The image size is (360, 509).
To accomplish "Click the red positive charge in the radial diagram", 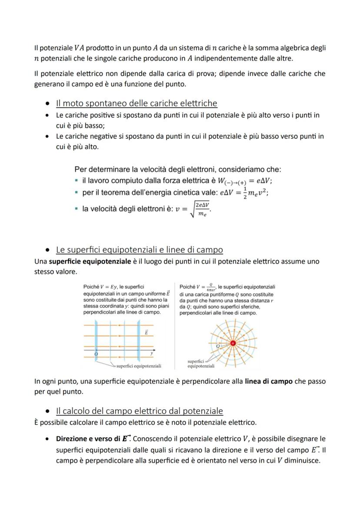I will (233, 343).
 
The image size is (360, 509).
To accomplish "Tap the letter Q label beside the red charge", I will (218, 346).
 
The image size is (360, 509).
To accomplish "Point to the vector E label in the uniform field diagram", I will (147, 332).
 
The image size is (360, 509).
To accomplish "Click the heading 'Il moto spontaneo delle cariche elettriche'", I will (137, 103).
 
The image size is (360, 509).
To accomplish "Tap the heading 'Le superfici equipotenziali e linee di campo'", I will (139, 250).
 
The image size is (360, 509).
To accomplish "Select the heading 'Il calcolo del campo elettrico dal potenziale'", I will (139, 411).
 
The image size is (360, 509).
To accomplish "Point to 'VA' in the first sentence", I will (80, 48).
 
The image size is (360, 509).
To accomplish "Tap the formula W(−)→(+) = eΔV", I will (248, 181).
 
